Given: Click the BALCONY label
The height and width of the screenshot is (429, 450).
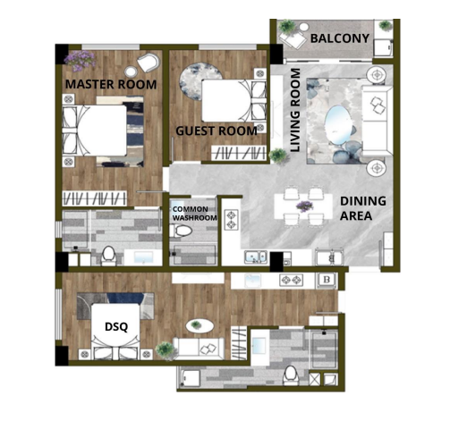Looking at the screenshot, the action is point(340,38).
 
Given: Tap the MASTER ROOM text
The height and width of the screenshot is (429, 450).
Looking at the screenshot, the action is point(111,84).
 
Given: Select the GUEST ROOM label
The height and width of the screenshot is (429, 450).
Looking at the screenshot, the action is point(217,131).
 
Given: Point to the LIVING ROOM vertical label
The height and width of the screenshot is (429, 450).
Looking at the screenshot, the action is point(295,110).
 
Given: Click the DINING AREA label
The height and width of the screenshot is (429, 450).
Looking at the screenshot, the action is point(363,208).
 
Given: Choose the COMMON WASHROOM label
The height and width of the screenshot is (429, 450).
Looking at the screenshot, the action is point(194,214).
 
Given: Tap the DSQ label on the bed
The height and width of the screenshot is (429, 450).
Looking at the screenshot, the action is point(116,327).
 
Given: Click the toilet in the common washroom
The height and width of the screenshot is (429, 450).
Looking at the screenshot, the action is point(181,231).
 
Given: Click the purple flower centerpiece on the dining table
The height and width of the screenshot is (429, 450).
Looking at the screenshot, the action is point(304,206).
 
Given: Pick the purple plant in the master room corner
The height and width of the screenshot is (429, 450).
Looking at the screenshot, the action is point(80,61).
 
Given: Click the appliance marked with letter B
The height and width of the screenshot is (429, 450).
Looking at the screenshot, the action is point(327,280).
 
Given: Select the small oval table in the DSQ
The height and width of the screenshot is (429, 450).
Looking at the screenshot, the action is point(200,326).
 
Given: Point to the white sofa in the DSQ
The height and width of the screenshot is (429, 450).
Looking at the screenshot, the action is point(199,347).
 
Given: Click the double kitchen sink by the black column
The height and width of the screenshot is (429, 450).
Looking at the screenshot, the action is point(255,257).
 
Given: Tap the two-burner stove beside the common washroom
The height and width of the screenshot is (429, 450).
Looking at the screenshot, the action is point(232,220).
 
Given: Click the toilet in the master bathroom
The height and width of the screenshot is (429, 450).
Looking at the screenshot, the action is point(108,256).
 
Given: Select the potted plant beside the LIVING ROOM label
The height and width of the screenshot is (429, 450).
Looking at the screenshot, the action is point(277,156).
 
